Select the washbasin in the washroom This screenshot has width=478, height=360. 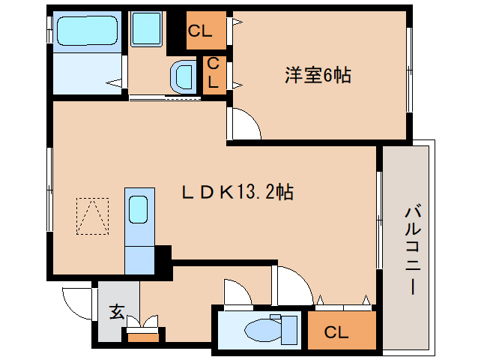183,76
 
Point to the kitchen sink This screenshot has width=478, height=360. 139,209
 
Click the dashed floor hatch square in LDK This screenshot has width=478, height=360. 92,215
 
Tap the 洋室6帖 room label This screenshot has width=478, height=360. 318,75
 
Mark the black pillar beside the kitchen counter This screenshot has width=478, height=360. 163,256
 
